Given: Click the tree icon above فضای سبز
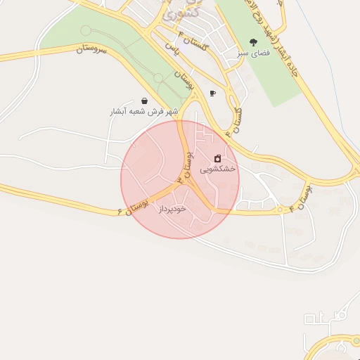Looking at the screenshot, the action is click(x=253, y=43).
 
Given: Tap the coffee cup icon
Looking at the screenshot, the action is click(x=212, y=93).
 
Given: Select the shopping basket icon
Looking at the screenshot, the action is click(x=144, y=101).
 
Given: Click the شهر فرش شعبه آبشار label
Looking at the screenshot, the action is click(x=144, y=112).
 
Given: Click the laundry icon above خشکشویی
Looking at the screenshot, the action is click(x=218, y=158).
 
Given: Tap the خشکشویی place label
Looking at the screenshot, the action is click(x=218, y=169).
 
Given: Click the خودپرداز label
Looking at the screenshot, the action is click(x=171, y=209).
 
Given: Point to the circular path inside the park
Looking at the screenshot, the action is click(x=86, y=30).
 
